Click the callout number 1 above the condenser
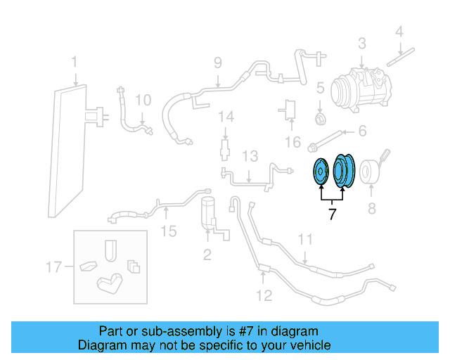[x=74, y=64]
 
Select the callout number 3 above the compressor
[x=361, y=44]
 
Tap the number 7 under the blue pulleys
[x=332, y=214]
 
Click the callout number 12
[x=263, y=295]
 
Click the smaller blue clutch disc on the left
[x=321, y=172]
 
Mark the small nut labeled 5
[x=319, y=117]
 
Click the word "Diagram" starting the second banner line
[x=101, y=345]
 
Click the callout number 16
[x=292, y=143]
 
